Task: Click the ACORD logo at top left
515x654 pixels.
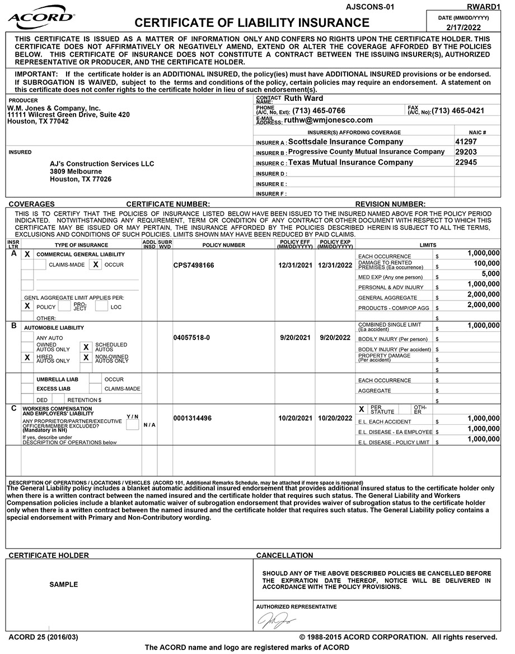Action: [40, 17]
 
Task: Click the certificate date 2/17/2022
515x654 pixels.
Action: [465, 27]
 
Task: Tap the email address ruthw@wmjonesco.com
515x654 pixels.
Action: [328, 120]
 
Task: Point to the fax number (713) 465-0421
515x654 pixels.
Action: [458, 111]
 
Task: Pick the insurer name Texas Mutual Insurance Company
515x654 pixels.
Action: [350, 163]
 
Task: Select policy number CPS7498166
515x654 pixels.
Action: [194, 265]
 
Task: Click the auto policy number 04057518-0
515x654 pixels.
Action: [192, 338]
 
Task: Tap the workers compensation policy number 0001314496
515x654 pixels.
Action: [193, 418]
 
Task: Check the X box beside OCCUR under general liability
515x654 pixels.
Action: [96, 265]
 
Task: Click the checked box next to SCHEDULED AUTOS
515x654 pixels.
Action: [86, 347]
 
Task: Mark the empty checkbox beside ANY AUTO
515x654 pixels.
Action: [27, 337]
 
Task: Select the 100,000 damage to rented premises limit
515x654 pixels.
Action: [486, 263]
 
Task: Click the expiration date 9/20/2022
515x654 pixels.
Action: [334, 338]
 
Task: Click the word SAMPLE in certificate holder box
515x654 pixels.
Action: [64, 585]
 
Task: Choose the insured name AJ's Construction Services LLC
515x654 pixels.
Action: [102, 164]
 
